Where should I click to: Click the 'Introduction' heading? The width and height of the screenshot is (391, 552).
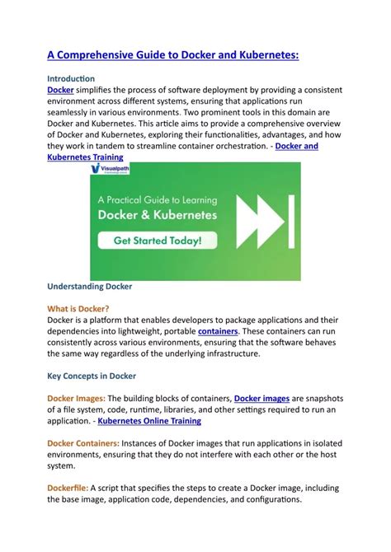pos(71,77)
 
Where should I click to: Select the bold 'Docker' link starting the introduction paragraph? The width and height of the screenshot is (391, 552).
pos(60,89)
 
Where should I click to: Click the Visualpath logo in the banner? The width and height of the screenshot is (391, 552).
pos(110,170)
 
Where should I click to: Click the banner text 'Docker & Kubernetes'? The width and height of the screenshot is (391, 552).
pos(158,215)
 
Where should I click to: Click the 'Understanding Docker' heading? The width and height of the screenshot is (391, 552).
pos(89,287)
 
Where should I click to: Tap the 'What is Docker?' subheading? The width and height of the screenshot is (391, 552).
pos(79,309)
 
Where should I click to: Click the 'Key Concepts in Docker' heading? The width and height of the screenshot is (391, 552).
pos(92,377)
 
